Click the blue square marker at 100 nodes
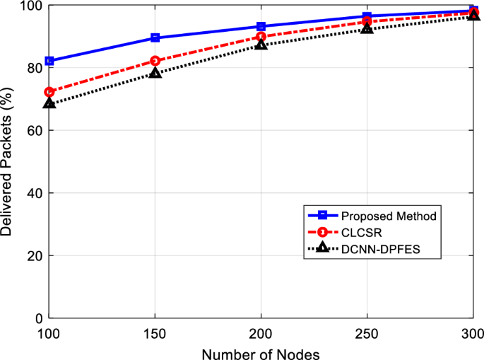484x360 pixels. (x=49, y=61)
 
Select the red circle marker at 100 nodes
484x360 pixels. (x=49, y=92)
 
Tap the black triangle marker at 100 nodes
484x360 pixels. (x=49, y=103)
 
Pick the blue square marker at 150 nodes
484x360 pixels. (x=155, y=37)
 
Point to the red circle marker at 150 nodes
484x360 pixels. (x=155, y=61)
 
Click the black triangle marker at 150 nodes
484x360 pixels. (x=155, y=72)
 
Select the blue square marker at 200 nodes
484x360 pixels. (x=261, y=26)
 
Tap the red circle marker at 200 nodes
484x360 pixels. (x=261, y=36)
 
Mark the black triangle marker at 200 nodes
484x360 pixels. (x=261, y=44)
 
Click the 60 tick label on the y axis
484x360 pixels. (x=34, y=131)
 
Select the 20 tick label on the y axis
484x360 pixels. (x=34, y=255)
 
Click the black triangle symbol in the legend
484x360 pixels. (x=321, y=248)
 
